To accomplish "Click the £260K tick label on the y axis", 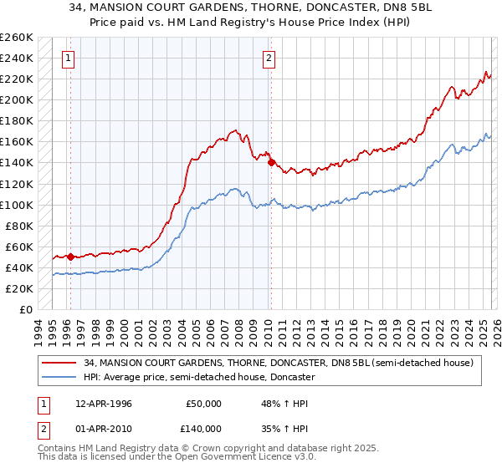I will pos(16,38).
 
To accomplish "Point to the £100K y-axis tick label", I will pos(16,205).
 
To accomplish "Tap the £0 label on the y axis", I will pos(25,310).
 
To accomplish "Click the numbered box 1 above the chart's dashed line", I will pos(67,58).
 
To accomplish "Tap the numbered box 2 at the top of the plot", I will pos(269,58).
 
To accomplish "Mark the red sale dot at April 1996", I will pos(70,257).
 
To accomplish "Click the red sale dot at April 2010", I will pos(270,163).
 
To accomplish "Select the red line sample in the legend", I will pos(59,363).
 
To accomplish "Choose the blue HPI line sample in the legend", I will pos(59,377).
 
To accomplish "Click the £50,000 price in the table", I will pos(202,404).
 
